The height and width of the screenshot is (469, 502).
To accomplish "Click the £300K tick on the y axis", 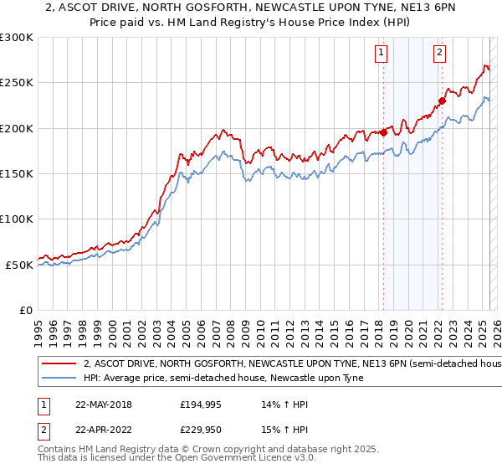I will click(16, 38).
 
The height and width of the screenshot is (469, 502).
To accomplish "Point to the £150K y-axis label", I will click(16, 174).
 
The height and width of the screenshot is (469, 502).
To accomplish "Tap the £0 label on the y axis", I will click(25, 310).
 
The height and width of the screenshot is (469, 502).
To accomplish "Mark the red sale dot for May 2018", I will click(383, 132).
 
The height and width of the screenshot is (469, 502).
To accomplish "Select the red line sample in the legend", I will click(60, 364).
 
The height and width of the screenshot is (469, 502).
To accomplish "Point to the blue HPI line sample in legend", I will click(60, 378).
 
